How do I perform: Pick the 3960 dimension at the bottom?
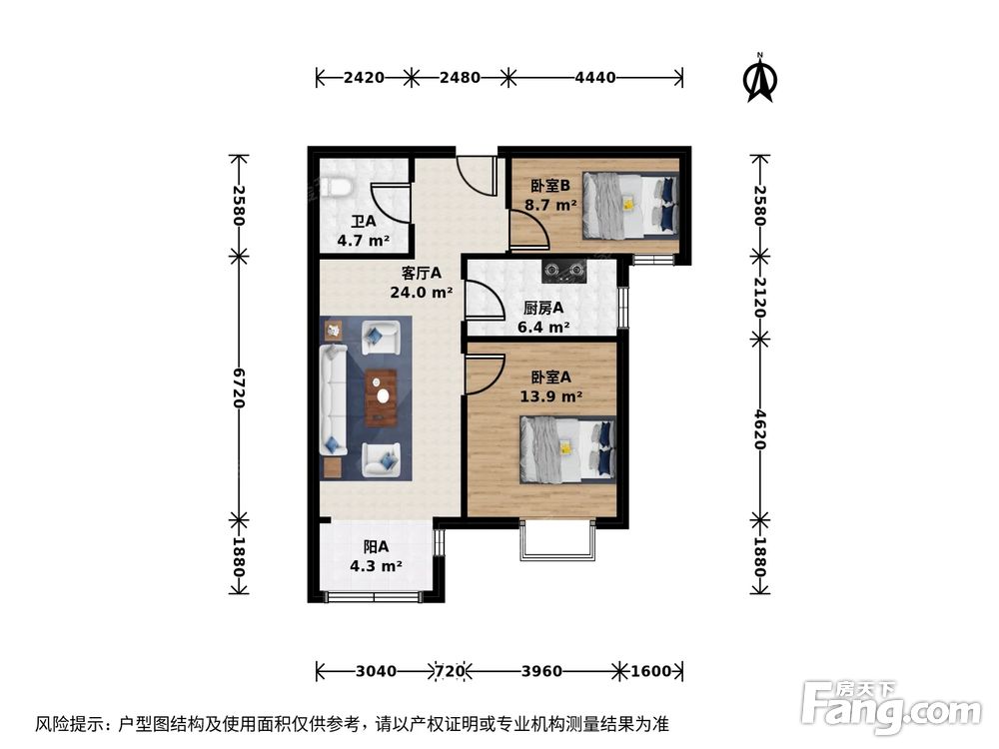click(541, 671)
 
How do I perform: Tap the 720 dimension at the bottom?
click(450, 671)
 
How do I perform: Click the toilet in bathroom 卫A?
click(339, 187)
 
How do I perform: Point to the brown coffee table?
click(380, 397)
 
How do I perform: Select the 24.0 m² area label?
click(422, 294)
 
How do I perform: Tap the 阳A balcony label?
click(376, 547)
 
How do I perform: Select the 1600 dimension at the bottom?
click(651, 671)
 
